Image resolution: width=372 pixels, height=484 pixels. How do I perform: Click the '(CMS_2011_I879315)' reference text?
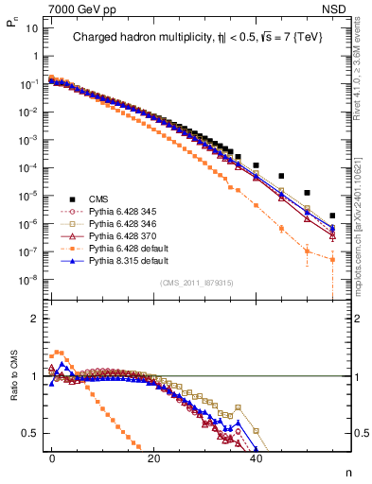coord(190,283)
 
